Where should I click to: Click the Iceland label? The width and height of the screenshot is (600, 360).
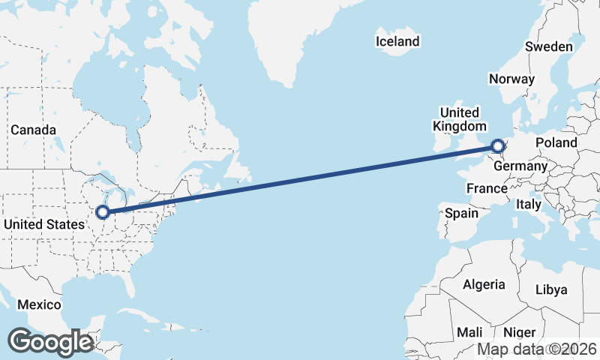[x=397, y=41]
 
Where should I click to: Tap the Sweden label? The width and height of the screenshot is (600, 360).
[x=549, y=46]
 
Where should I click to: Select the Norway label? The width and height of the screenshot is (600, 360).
[x=511, y=79]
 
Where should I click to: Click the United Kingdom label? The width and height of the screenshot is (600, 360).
[x=460, y=119]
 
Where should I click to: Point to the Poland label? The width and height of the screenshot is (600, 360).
[x=556, y=142]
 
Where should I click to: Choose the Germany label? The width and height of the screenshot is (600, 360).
[x=521, y=166]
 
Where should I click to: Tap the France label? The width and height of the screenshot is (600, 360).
[x=487, y=188]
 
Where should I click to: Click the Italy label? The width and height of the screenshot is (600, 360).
[x=529, y=204]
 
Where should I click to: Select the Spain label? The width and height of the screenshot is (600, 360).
[x=461, y=213]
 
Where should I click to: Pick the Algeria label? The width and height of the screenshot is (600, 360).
[x=484, y=284]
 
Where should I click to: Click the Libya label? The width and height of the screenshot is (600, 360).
[x=552, y=289]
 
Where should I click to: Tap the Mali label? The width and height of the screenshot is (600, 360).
[x=469, y=332]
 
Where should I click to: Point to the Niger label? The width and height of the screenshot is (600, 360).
[x=518, y=332]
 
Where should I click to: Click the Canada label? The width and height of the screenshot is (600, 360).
[x=33, y=130]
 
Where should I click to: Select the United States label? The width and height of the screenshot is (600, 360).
[x=43, y=224]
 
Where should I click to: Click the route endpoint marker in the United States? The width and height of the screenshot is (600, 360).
[x=103, y=212]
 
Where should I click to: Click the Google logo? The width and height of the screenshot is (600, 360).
[x=50, y=342]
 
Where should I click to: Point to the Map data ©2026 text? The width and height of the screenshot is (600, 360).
[x=537, y=349]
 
